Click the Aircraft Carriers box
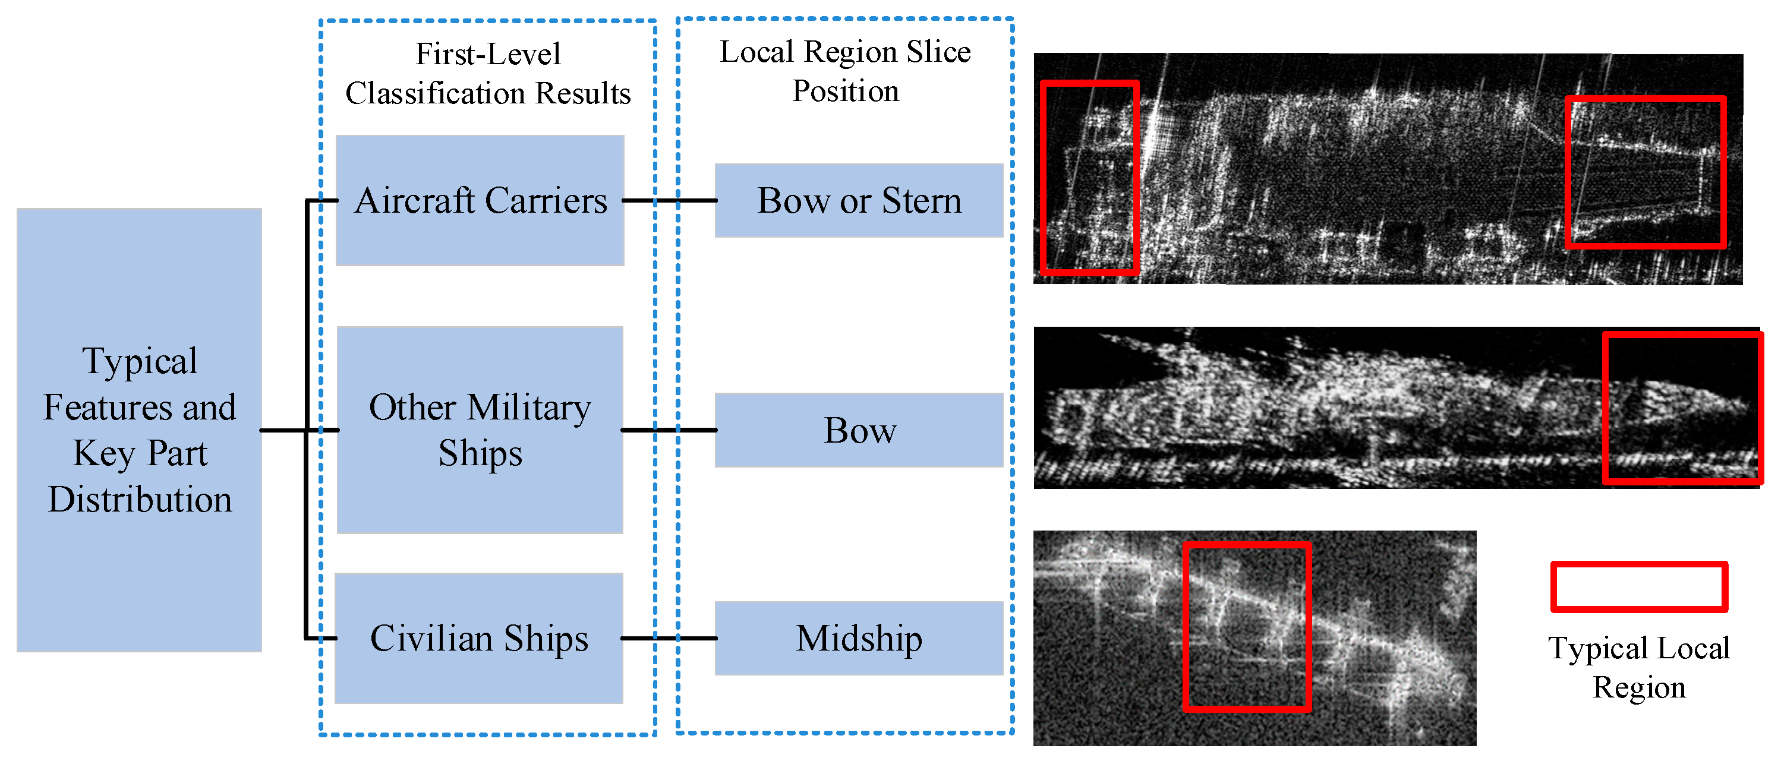pyautogui.click(x=480, y=200)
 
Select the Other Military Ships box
pyautogui.click(x=480, y=430)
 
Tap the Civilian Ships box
pyautogui.click(x=478, y=638)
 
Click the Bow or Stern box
pyautogui.click(x=859, y=200)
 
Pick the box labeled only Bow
pyautogui.click(x=859, y=430)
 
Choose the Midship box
pyautogui.click(x=859, y=638)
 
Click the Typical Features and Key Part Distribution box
pyautogui.click(x=139, y=430)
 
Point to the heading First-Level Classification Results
pyautogui.click(x=487, y=73)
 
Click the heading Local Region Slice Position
pyautogui.click(x=845, y=71)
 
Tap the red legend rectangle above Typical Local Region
pyautogui.click(x=1638, y=586)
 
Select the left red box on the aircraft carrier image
pyautogui.click(x=1090, y=178)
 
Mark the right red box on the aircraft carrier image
pyautogui.click(x=1646, y=173)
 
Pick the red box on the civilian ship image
pyautogui.click(x=1247, y=627)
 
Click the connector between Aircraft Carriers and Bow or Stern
pyautogui.click(x=669, y=200)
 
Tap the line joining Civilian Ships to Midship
pyautogui.click(x=669, y=638)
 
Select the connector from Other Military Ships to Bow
pyautogui.click(x=669, y=430)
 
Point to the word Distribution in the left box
pyautogui.click(x=140, y=500)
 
